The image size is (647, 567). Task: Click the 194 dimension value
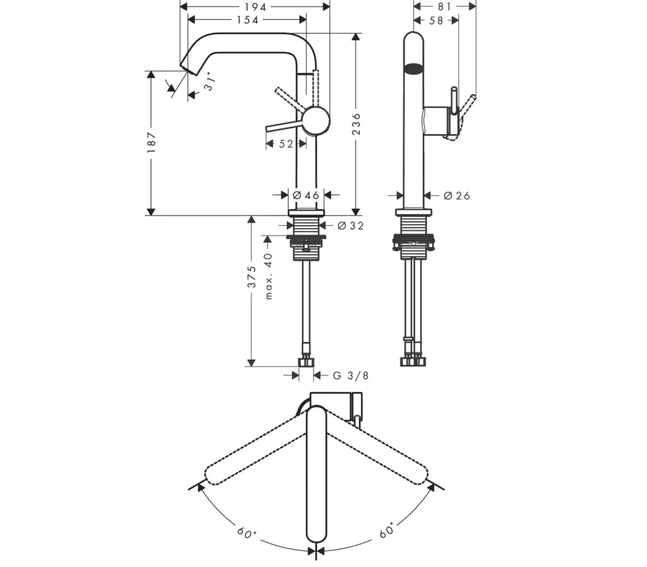(x=255, y=6)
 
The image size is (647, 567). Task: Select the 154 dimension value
(x=247, y=20)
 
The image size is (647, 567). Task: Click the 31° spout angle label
(x=210, y=82)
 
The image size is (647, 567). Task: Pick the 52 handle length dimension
(x=286, y=144)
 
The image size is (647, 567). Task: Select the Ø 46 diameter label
(x=306, y=195)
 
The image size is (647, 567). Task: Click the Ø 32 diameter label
(x=351, y=226)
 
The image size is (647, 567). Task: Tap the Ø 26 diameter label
(x=457, y=196)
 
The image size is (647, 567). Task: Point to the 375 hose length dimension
(x=251, y=277)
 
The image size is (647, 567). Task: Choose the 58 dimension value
(x=436, y=20)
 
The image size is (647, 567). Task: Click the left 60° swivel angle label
(x=247, y=532)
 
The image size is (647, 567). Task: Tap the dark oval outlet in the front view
(x=413, y=68)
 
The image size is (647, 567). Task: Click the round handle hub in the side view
(x=316, y=121)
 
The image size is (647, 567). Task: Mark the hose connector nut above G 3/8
(x=307, y=361)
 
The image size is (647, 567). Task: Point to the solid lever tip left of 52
(x=268, y=130)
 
